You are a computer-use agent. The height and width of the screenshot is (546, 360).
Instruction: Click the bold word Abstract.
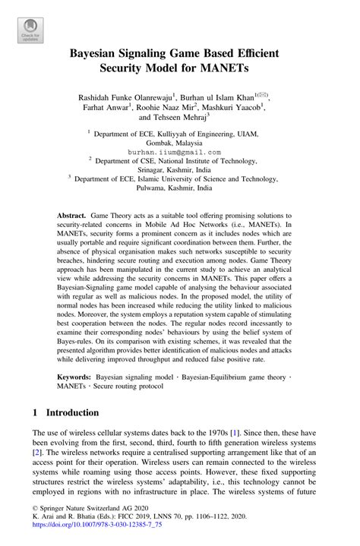point(71,216)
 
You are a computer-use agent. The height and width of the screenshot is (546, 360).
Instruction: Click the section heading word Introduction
point(73,413)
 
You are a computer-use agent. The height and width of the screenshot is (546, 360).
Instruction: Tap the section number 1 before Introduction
point(36,413)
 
